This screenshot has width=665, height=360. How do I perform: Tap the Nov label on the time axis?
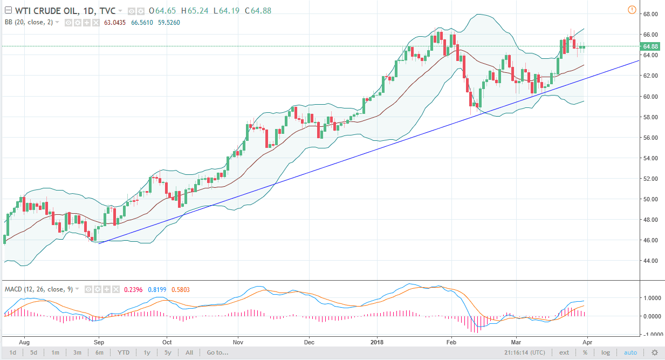[238, 342]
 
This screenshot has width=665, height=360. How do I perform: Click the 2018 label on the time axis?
[376, 342]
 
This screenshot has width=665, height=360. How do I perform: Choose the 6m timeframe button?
[99, 353]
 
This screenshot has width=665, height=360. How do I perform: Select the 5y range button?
[168, 353]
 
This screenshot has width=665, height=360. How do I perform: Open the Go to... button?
[217, 353]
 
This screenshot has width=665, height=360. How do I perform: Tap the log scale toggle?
[606, 353]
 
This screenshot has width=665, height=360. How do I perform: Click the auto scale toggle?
[630, 353]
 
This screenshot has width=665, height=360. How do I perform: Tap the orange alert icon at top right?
[632, 10]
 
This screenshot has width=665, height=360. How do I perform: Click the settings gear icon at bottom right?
[655, 353]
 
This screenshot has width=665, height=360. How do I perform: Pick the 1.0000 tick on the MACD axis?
[650, 298]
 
